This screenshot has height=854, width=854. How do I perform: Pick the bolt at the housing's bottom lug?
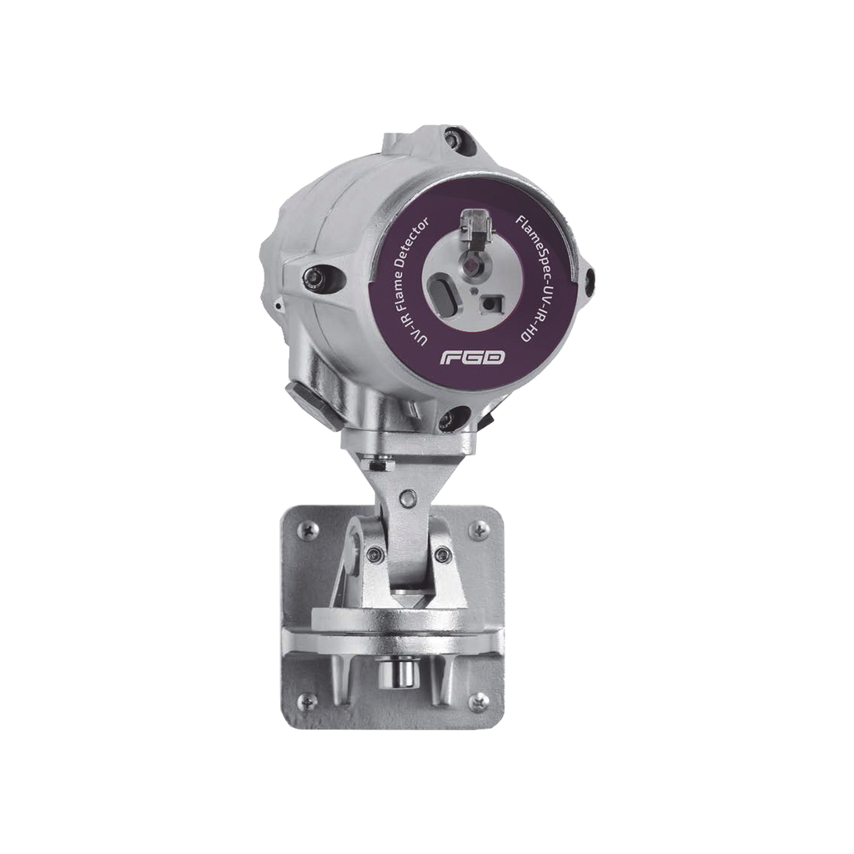coord(458,413)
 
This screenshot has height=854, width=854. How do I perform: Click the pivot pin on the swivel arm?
coord(408,499)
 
